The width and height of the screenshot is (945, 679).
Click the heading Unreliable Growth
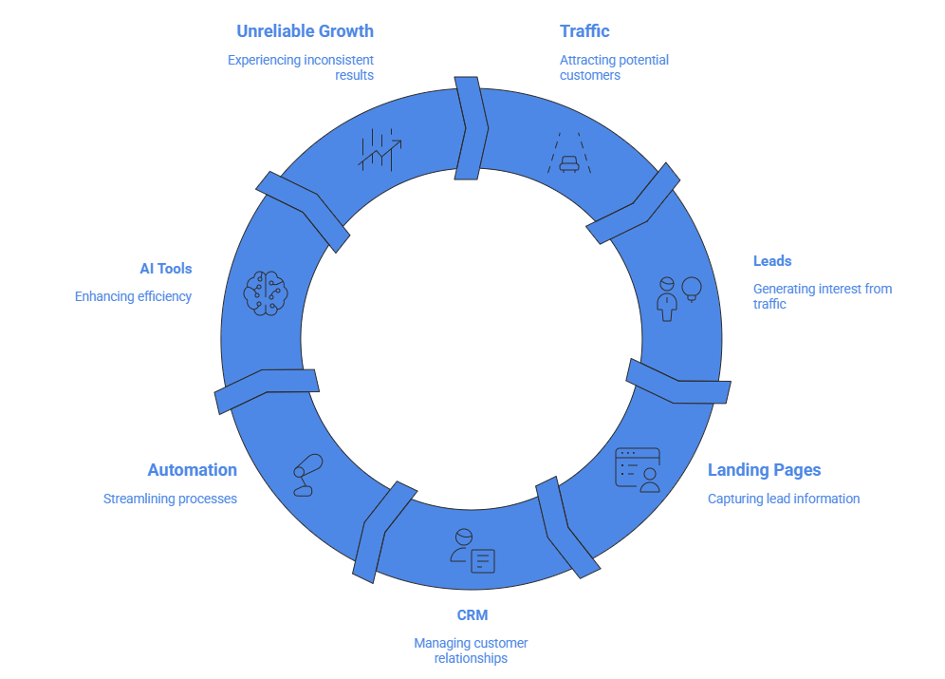[x=305, y=32]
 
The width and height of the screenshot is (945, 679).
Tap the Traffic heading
[x=584, y=32]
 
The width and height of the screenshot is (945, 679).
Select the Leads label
[x=772, y=261]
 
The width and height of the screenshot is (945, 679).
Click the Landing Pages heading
[x=764, y=470]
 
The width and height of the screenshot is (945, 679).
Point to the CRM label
[x=472, y=615]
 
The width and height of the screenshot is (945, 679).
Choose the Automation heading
[x=192, y=470]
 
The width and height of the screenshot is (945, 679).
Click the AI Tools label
[x=166, y=269]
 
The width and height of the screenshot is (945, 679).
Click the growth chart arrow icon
[x=380, y=149]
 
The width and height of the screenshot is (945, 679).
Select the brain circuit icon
[x=265, y=290]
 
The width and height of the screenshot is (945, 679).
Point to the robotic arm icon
[x=306, y=475]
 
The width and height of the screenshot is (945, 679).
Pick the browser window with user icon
[x=638, y=469]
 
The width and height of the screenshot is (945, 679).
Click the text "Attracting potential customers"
[x=614, y=67]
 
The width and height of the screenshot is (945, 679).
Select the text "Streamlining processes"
[x=170, y=499]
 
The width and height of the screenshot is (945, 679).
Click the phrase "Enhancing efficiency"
[x=133, y=296]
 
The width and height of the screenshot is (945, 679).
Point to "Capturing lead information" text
[x=784, y=499]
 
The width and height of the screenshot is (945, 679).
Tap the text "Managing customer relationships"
[x=471, y=651]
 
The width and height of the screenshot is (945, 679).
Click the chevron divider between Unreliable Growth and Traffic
[x=472, y=128]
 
